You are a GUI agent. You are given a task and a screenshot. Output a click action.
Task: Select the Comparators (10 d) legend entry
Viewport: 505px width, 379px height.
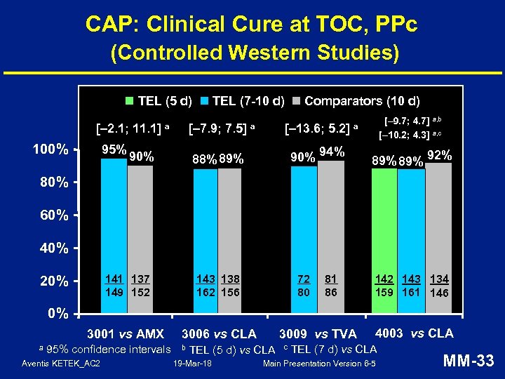356,100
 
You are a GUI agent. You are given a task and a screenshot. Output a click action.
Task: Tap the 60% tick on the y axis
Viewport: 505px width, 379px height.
54,215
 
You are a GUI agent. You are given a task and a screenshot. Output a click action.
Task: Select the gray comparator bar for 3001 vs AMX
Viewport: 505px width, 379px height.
140,239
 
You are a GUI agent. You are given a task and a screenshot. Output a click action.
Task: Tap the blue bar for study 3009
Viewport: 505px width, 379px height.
304,239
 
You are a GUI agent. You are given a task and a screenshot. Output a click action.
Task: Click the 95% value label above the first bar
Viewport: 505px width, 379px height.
114,149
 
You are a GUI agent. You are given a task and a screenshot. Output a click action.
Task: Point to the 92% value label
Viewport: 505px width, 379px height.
440,155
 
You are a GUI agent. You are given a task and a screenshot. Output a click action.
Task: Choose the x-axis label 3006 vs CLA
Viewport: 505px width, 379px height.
219,333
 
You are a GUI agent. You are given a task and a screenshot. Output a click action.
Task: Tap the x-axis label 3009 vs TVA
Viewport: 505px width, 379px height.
318,333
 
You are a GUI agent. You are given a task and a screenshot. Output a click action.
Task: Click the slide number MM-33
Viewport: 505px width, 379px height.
469,361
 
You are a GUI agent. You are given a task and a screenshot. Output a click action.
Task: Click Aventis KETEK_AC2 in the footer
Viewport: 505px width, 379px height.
61,364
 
